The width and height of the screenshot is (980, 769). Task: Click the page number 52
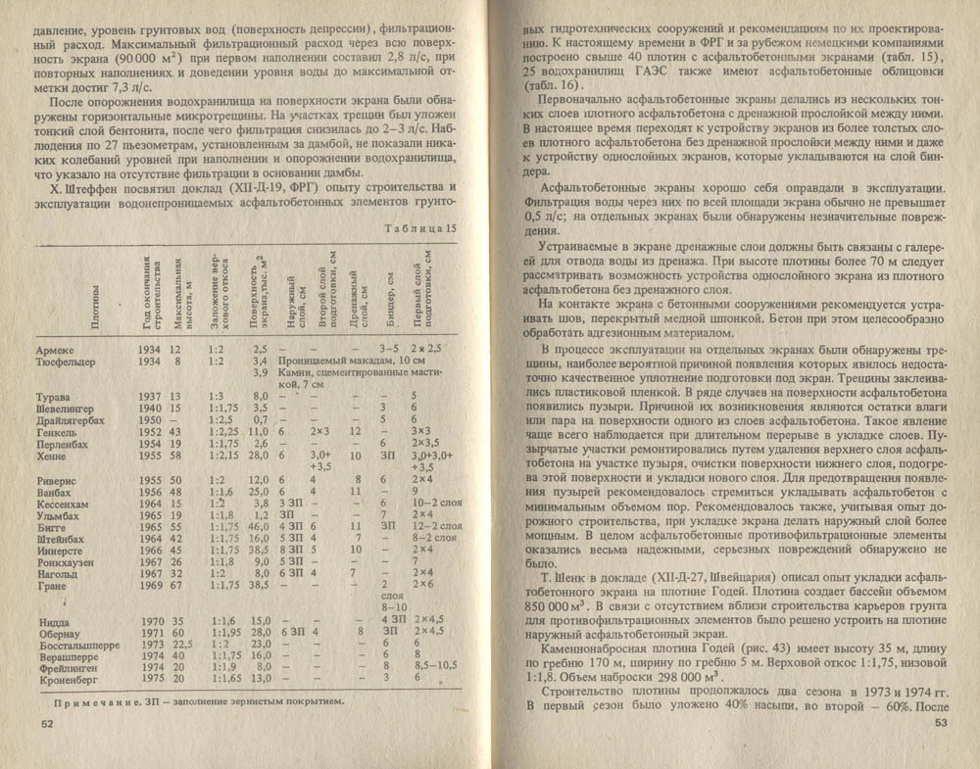point(46,723)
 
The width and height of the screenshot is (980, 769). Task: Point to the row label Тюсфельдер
point(64,361)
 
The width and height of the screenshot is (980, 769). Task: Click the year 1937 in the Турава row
point(149,396)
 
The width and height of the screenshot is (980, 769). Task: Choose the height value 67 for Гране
point(177,585)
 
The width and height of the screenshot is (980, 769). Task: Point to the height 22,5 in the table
point(180,645)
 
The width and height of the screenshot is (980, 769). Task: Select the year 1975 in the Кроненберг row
point(150,676)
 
